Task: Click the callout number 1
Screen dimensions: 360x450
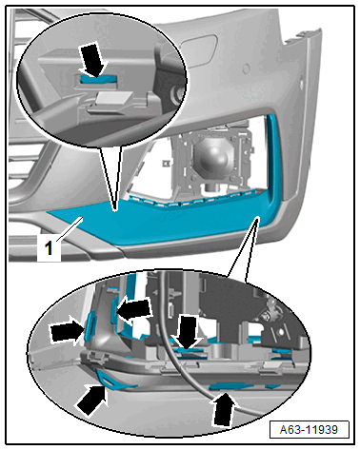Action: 49,248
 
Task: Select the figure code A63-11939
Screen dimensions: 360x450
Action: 309,430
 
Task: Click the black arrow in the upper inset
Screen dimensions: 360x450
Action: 93,60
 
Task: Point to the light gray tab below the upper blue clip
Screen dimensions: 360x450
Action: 113,98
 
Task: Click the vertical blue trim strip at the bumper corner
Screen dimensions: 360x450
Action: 273,159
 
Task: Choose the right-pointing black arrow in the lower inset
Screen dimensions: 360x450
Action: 68,332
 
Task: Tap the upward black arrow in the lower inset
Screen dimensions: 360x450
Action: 225,409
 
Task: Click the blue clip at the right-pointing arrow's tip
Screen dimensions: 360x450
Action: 90,325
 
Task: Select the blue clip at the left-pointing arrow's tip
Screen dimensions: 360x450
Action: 114,310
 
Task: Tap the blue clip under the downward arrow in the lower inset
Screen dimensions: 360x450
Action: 189,350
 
